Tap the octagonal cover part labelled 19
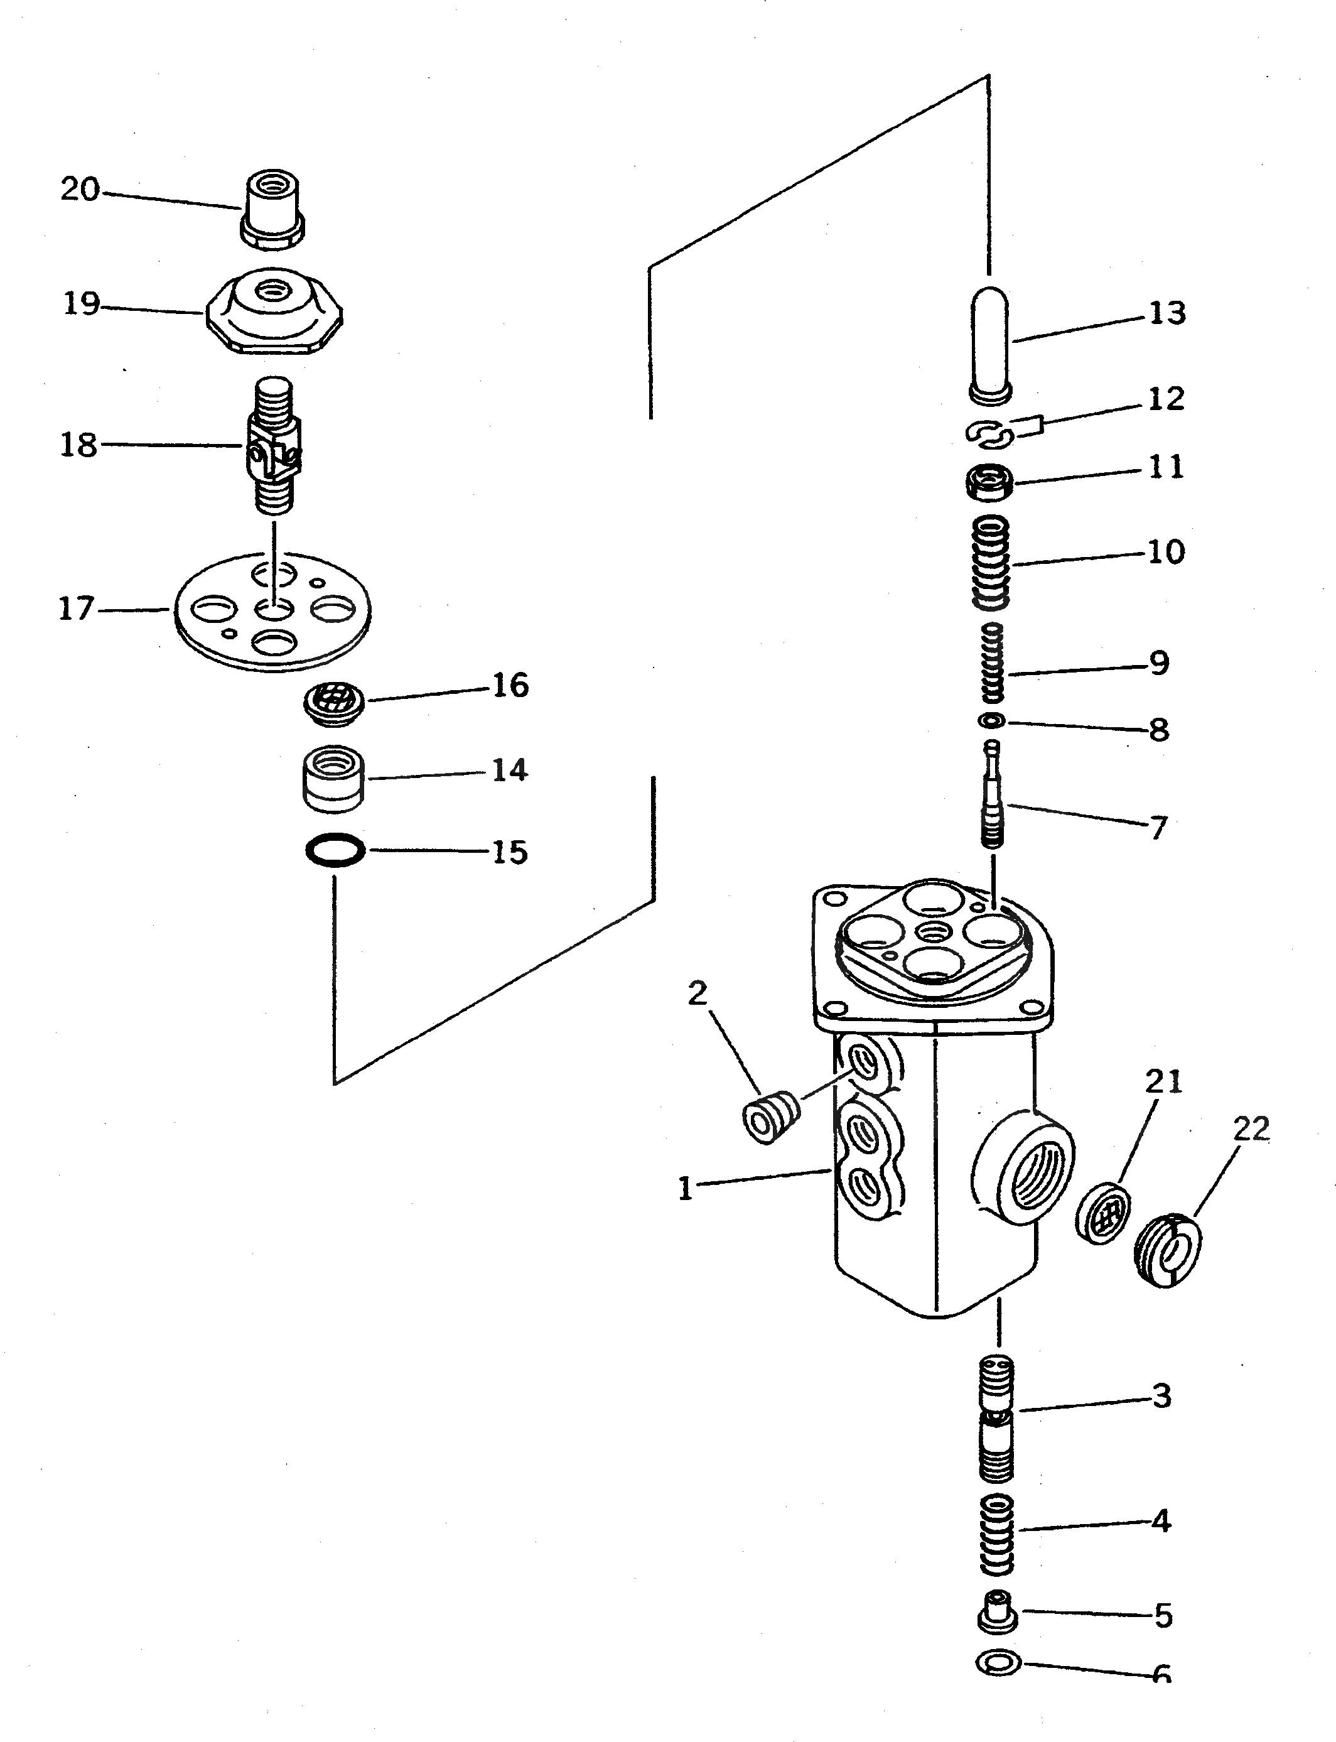274,314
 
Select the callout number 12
1166,399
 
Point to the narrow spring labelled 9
993,663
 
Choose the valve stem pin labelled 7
993,796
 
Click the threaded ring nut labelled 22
1166,1251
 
